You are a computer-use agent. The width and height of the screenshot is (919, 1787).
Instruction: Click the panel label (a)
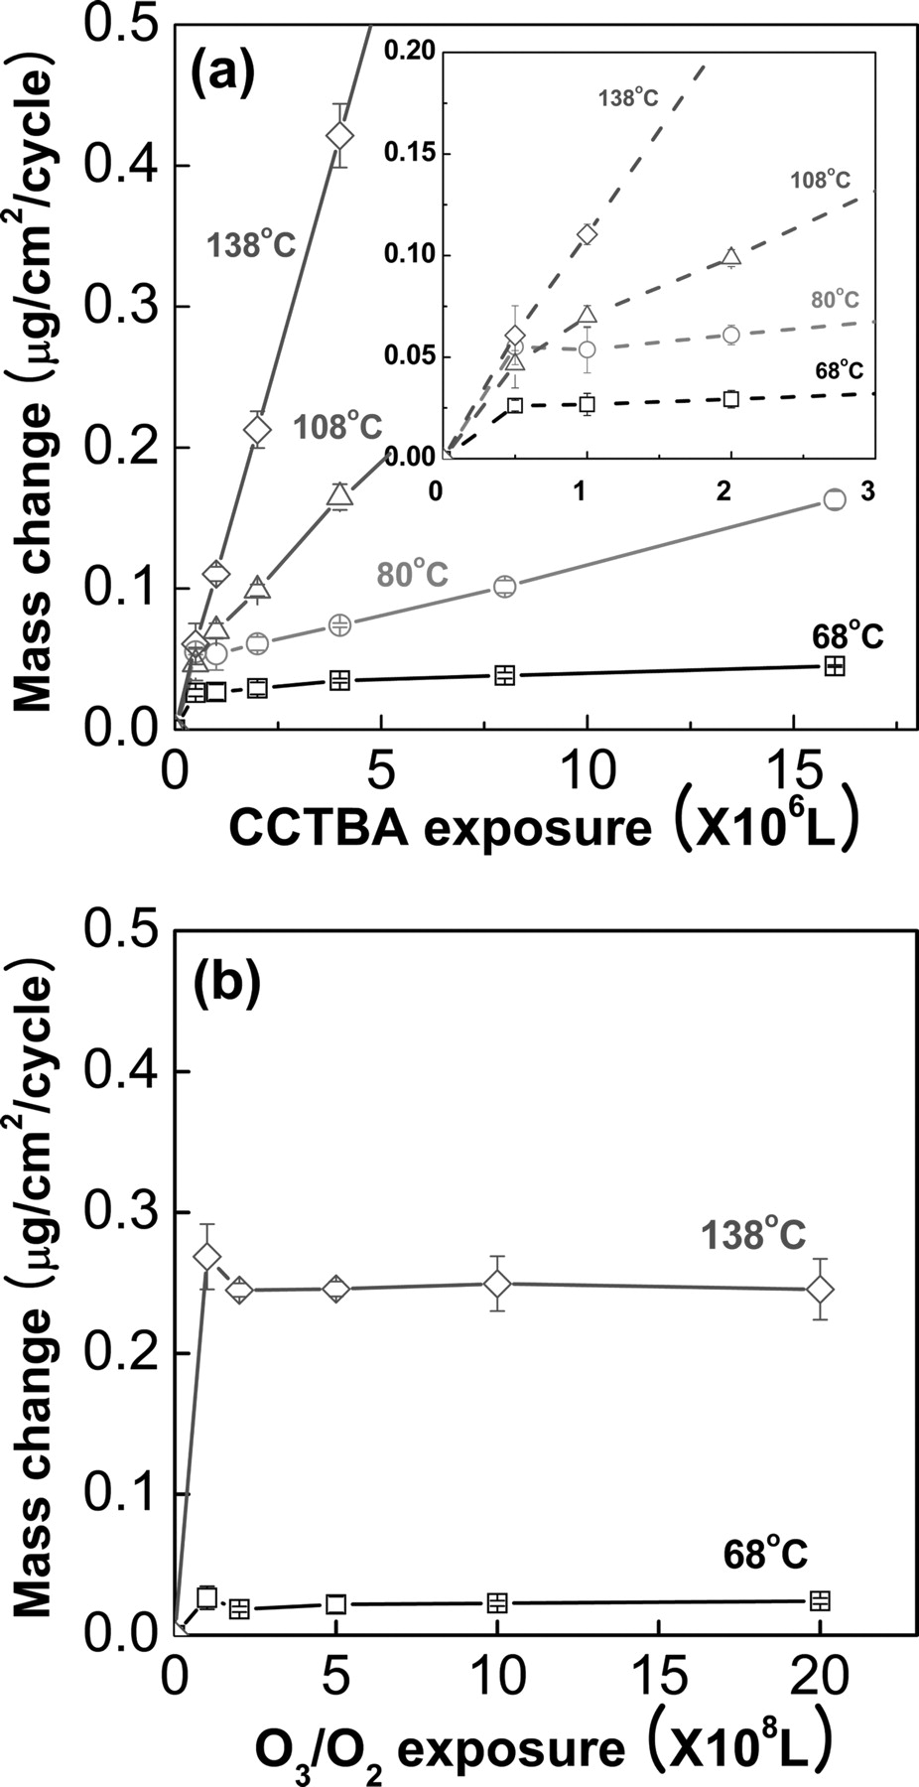(224, 72)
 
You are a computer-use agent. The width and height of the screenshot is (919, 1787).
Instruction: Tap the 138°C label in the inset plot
(627, 97)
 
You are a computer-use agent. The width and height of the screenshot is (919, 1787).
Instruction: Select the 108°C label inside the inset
(820, 180)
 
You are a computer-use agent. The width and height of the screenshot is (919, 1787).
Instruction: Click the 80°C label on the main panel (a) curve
(412, 574)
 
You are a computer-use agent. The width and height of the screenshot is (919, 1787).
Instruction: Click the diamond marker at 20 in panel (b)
(821, 1289)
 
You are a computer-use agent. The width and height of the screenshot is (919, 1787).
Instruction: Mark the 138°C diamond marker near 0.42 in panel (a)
(339, 134)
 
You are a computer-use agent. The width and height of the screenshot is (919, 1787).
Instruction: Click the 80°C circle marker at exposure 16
(835, 499)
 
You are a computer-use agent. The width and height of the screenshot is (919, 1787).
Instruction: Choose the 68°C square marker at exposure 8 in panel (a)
(505, 675)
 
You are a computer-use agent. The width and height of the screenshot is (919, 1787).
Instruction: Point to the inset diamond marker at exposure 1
(587, 235)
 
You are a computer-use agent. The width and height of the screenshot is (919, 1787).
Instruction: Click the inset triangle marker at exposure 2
(731, 258)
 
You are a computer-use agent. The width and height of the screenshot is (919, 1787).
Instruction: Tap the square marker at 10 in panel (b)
(497, 1602)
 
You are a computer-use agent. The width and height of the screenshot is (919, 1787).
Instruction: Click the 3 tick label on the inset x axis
(867, 493)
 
